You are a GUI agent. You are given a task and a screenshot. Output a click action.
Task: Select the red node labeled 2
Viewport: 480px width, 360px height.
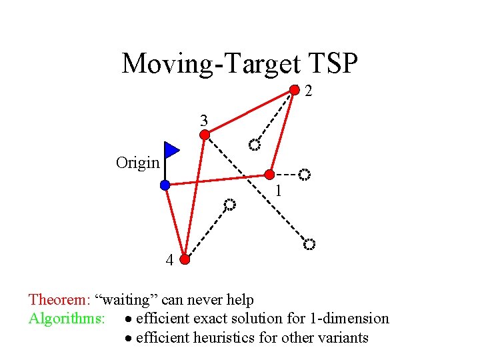point(294,90)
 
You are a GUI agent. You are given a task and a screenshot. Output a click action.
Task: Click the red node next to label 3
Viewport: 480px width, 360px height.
point(205,135)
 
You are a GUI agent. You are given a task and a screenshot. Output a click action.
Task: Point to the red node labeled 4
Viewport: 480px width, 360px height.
point(185,260)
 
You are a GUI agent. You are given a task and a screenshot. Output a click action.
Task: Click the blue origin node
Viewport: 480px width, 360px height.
point(165,185)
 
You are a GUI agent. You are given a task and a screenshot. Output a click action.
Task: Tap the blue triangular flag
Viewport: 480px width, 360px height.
point(171,150)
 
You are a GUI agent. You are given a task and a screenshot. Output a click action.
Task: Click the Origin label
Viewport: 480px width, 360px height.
point(137,162)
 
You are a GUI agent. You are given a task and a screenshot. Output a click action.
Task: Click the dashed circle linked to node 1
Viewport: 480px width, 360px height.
point(304,175)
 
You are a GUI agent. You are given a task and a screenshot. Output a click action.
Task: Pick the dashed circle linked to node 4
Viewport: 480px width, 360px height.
point(229,204)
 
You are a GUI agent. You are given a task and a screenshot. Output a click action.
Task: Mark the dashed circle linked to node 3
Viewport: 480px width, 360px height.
point(309,245)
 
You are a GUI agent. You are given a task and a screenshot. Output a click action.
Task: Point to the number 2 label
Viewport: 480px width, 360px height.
point(309,91)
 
